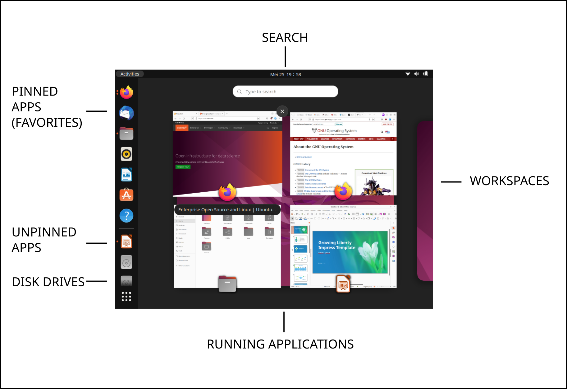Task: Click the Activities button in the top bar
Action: point(130,74)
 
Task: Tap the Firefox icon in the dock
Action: point(126,92)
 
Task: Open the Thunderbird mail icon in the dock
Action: point(126,113)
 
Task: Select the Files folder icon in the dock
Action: point(126,134)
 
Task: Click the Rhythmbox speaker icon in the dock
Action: point(126,154)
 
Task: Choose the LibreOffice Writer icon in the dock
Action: point(126,175)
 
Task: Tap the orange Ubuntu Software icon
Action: point(126,195)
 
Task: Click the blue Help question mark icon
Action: point(126,216)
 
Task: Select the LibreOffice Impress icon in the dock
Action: point(126,242)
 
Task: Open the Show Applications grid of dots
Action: point(126,296)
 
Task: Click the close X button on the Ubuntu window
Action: point(282,111)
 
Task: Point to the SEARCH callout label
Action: point(285,38)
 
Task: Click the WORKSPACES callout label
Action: point(509,181)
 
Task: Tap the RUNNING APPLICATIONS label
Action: point(280,344)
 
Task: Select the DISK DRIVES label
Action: point(48,282)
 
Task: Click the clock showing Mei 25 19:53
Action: point(286,74)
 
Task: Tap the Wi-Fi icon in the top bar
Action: point(408,74)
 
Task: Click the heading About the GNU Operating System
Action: point(323,147)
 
